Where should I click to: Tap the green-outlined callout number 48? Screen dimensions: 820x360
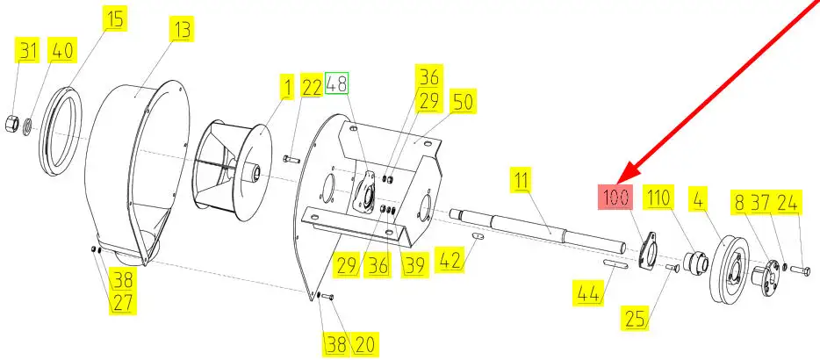click(336, 83)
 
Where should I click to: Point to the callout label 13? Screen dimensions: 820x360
click(182, 29)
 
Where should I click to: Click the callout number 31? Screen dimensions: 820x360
click(28, 50)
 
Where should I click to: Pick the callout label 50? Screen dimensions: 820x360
click(464, 102)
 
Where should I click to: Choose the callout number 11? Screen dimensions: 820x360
click(521, 181)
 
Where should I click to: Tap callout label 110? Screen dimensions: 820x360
click(658, 198)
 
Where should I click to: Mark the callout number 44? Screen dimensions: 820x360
click(588, 293)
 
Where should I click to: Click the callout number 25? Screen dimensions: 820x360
click(635, 318)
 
